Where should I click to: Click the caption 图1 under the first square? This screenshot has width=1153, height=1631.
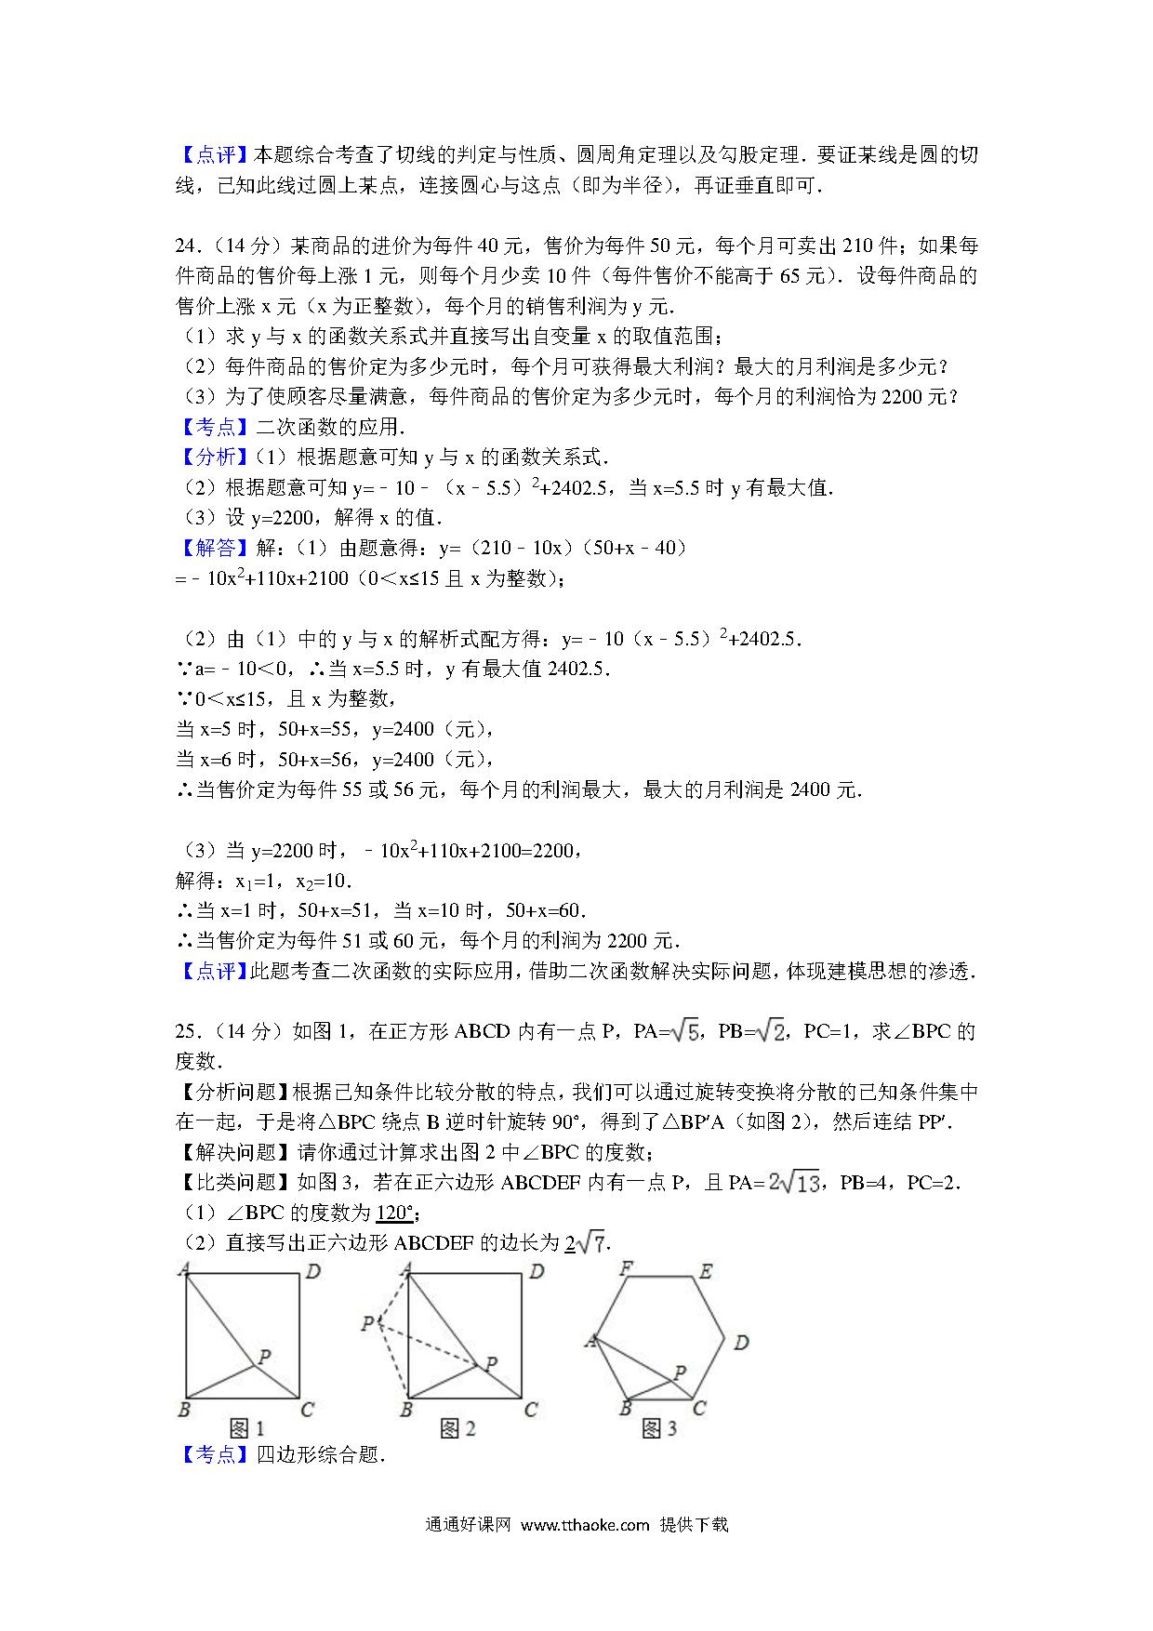pyautogui.click(x=246, y=1427)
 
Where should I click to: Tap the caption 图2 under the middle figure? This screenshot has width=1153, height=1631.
pyautogui.click(x=457, y=1427)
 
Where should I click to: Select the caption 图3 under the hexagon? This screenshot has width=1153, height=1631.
pyautogui.click(x=659, y=1427)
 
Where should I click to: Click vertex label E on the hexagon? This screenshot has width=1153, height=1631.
pyautogui.click(x=706, y=1271)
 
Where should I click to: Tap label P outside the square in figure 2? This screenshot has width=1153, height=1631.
pyautogui.click(x=368, y=1322)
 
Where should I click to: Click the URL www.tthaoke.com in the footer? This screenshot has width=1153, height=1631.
pyautogui.click(x=584, y=1524)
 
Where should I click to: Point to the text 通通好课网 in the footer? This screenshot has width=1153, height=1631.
pyautogui.click(x=469, y=1524)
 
